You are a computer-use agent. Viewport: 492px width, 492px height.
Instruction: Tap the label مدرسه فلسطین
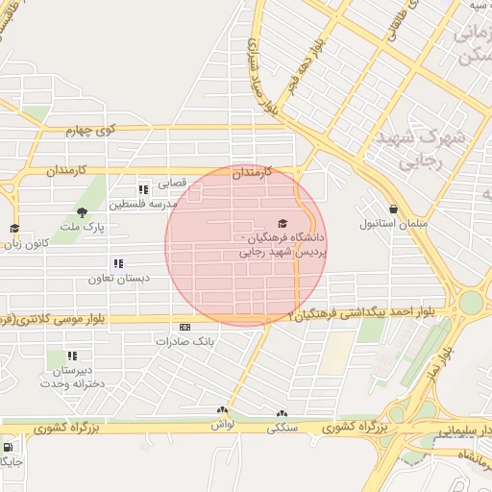point(143,205)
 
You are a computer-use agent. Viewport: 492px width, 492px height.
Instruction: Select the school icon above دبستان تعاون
point(118,262)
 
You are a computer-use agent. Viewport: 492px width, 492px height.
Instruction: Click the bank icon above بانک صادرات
point(185,327)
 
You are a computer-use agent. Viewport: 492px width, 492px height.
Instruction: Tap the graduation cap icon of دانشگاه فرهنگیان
point(281,223)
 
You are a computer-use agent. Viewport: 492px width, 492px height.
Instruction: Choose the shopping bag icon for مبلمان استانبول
point(393,209)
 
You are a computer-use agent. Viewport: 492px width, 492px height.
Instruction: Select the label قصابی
point(171,182)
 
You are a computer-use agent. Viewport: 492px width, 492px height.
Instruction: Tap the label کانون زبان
point(27,243)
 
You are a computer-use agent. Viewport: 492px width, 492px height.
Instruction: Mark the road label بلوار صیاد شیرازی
point(265,77)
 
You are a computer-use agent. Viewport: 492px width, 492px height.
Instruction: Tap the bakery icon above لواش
point(222,410)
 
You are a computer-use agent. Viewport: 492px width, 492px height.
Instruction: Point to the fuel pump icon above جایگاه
point(9,448)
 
